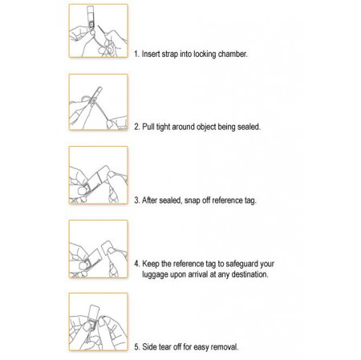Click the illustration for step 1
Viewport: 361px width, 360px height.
(99, 30)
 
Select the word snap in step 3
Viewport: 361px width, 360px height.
(194, 200)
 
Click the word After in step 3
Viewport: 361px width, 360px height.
(152, 200)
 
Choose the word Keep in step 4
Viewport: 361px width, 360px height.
(152, 263)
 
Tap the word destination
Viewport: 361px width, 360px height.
(245, 273)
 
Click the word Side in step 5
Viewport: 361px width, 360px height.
(151, 346)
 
